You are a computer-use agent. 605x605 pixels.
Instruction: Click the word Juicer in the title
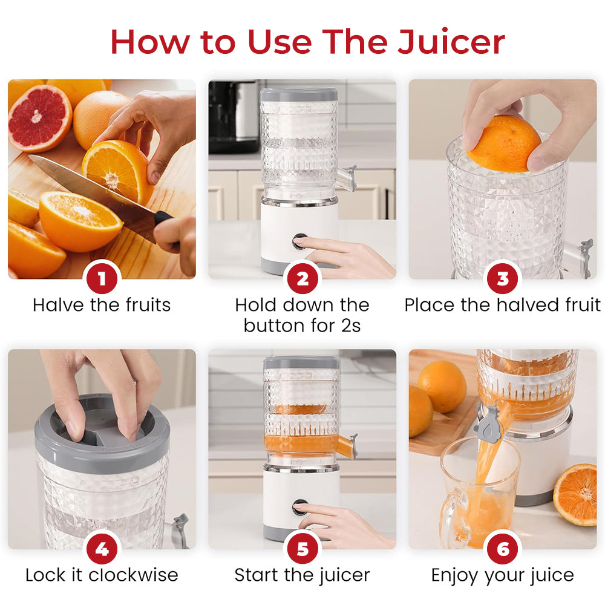click(x=451, y=42)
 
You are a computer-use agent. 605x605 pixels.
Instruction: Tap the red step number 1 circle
click(x=102, y=279)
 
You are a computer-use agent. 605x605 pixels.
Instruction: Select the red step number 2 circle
click(x=302, y=279)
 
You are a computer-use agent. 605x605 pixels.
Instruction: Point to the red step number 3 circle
click(x=503, y=279)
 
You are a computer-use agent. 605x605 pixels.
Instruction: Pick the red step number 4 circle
click(x=102, y=549)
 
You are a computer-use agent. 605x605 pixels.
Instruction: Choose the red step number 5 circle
click(x=302, y=549)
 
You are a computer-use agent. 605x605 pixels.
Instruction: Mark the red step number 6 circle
click(x=503, y=549)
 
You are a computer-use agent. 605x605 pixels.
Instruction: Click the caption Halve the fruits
click(x=102, y=304)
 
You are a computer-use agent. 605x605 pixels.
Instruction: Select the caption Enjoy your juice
click(x=503, y=575)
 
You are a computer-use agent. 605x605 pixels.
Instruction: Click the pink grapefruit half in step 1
click(x=40, y=117)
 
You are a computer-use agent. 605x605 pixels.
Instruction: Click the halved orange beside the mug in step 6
click(x=575, y=493)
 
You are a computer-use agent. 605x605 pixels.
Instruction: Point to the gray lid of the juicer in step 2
click(x=299, y=94)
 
